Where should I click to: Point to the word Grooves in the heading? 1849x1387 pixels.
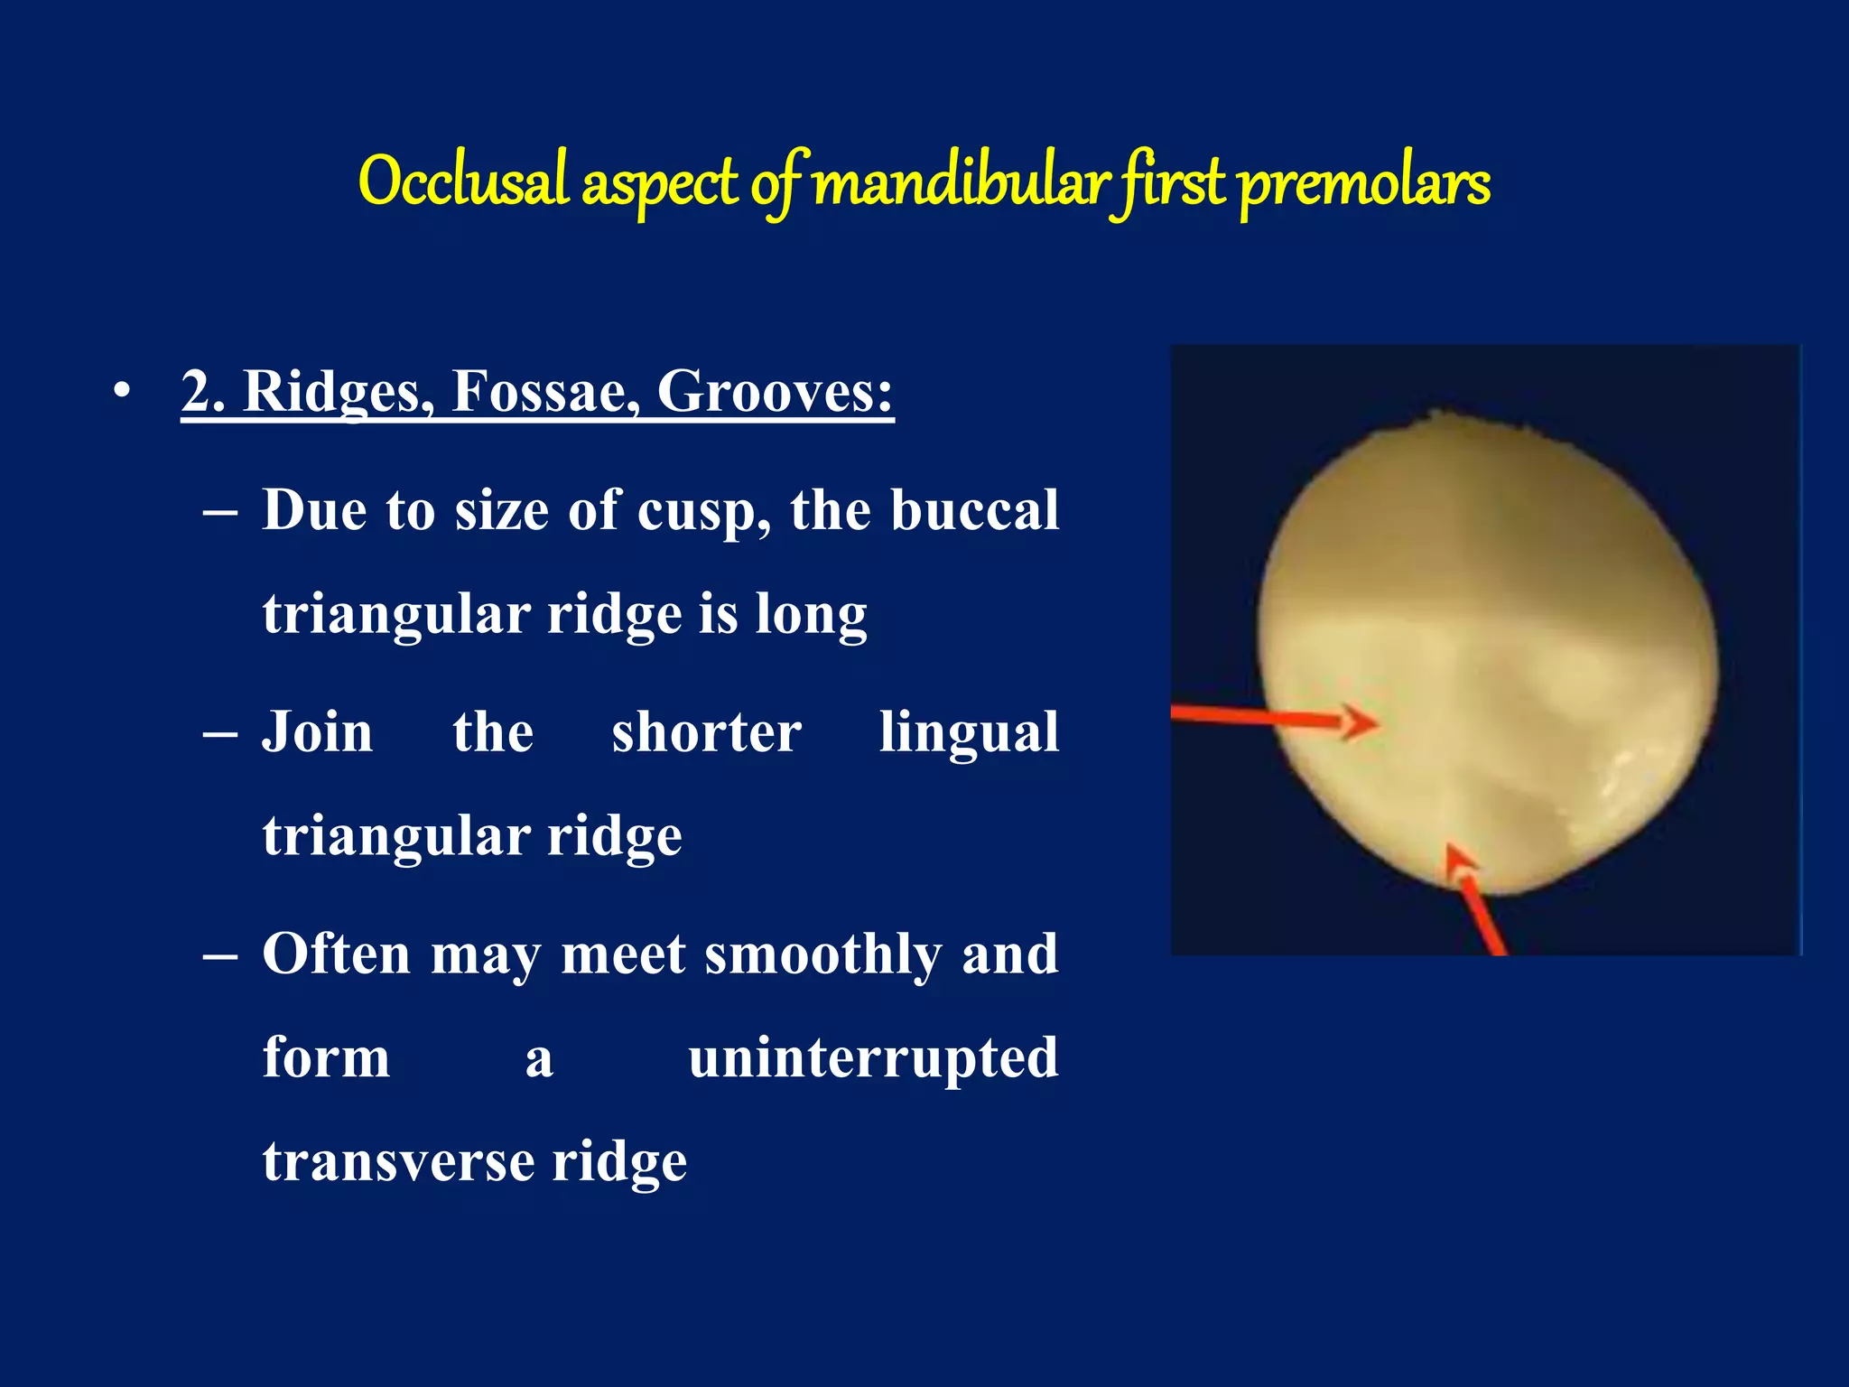pos(774,392)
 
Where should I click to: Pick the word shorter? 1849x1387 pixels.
pos(706,731)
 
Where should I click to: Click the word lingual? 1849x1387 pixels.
pos(969,733)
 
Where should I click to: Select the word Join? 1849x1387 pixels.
pos(317,731)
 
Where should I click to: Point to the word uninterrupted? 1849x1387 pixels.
pos(872,1058)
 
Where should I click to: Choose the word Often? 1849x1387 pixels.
pos(336,954)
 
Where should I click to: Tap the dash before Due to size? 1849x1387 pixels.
pos(220,512)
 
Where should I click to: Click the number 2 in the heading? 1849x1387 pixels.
pos(200,392)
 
